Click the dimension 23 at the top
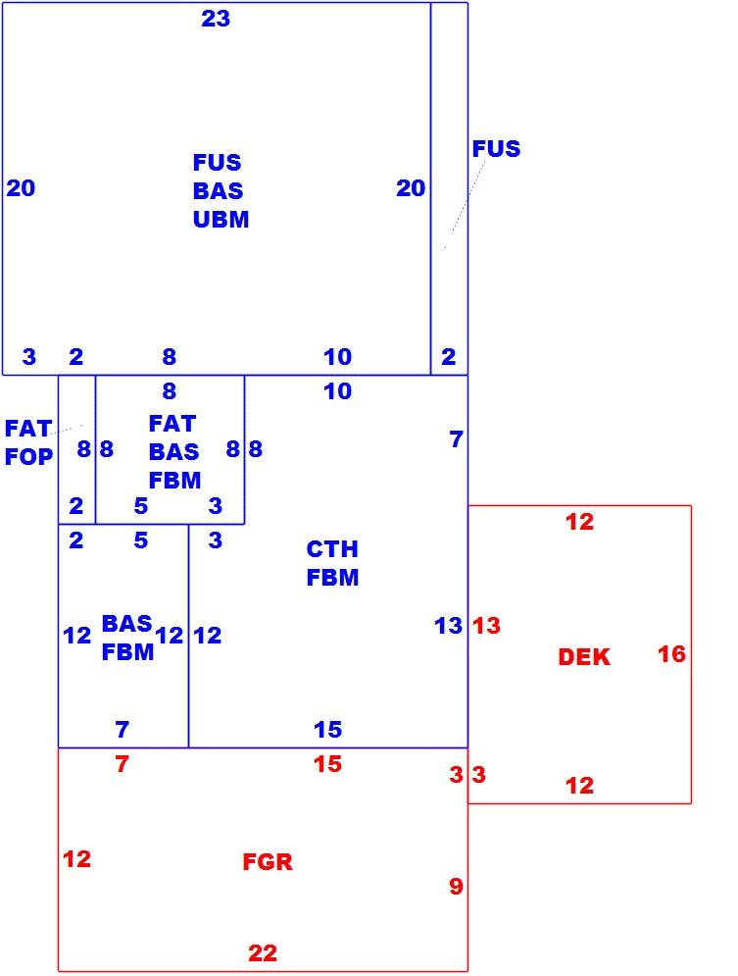pyautogui.click(x=216, y=19)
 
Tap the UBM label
pyautogui.click(x=221, y=219)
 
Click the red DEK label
pyautogui.click(x=584, y=657)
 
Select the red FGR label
pyautogui.click(x=268, y=862)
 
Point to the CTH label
pyautogui.click(x=332, y=549)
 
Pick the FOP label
pyautogui.click(x=28, y=457)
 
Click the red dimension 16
pyautogui.click(x=671, y=654)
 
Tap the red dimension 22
pyautogui.click(x=263, y=953)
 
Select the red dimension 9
pyautogui.click(x=457, y=886)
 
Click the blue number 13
pyautogui.click(x=448, y=626)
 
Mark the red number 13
pyautogui.click(x=486, y=626)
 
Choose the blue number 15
pyautogui.click(x=327, y=729)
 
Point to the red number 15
pyautogui.click(x=327, y=764)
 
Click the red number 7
pyautogui.click(x=122, y=764)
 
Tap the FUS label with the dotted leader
pyautogui.click(x=496, y=149)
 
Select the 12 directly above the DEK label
pyautogui.click(x=579, y=522)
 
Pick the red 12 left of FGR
pyautogui.click(x=77, y=859)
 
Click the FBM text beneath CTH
pyautogui.click(x=332, y=578)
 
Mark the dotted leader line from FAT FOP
pyautogui.click(x=68, y=430)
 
